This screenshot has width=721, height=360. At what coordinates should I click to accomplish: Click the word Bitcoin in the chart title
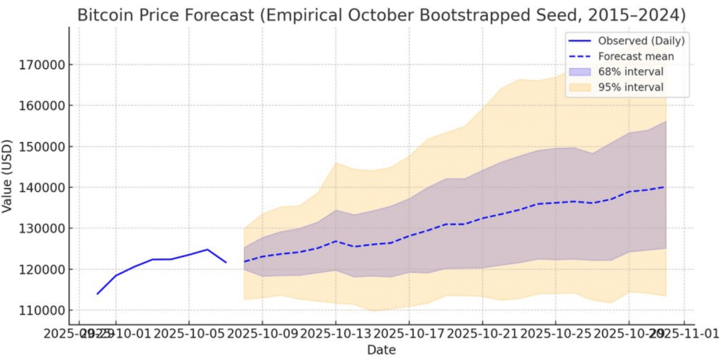[x=105, y=14]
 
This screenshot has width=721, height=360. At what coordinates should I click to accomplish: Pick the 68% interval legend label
[x=631, y=71]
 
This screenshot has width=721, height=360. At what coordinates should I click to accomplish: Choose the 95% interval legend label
[x=631, y=87]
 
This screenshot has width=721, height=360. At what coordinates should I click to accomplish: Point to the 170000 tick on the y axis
[x=40, y=65]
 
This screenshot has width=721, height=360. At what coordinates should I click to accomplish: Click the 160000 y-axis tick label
[x=40, y=105]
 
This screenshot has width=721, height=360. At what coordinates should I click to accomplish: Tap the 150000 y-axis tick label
[x=40, y=146]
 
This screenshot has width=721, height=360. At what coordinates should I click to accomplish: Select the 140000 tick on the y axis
[x=40, y=188]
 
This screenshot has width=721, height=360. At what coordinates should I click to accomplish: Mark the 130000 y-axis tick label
[x=40, y=229]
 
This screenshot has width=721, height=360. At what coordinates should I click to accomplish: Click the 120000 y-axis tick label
[x=40, y=269]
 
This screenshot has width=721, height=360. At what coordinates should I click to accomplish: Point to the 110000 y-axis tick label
[x=40, y=310]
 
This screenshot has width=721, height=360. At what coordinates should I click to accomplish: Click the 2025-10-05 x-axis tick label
[x=189, y=333]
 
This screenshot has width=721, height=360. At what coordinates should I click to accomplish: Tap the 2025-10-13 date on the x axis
[x=335, y=333]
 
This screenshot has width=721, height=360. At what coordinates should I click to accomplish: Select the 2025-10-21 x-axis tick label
[x=482, y=333]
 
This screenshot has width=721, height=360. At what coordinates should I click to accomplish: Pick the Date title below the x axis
[x=381, y=350]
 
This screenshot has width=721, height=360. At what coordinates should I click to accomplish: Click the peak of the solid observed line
[x=208, y=250]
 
